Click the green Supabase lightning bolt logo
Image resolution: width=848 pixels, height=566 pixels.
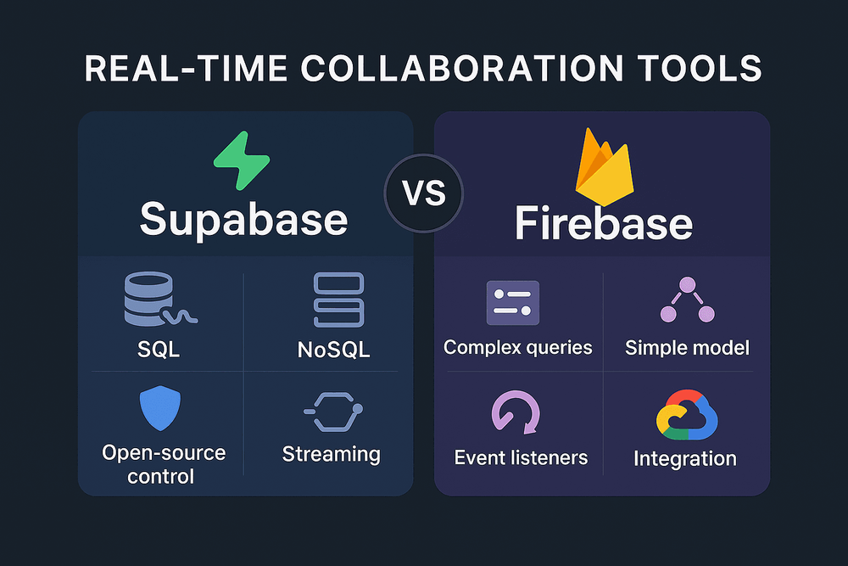click(242, 160)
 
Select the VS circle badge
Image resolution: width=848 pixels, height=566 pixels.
click(424, 193)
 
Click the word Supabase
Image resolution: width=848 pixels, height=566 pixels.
click(243, 220)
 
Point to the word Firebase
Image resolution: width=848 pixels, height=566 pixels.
click(604, 222)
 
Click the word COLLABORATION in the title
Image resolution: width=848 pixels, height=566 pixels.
click(461, 69)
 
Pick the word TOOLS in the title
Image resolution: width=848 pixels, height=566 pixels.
click(700, 69)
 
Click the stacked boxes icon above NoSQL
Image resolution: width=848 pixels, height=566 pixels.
click(338, 300)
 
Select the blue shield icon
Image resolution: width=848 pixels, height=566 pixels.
click(160, 408)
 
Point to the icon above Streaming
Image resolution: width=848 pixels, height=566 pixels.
click(333, 412)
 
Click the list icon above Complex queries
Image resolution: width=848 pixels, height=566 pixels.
click(513, 302)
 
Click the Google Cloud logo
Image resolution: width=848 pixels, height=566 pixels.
click(687, 414)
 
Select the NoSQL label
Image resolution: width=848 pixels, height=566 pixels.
click(333, 350)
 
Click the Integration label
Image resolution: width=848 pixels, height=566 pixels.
click(685, 459)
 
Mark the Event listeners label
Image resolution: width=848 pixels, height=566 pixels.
click(521, 457)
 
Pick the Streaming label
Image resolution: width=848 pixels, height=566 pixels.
click(331, 455)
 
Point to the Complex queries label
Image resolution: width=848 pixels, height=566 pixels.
click(517, 347)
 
